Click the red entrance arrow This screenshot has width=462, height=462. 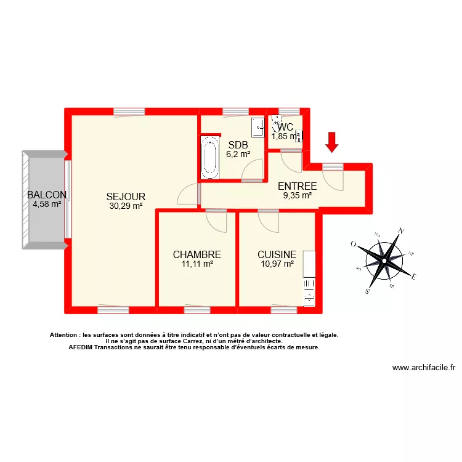(x=332, y=142)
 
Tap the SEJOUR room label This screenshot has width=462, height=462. (x=125, y=197)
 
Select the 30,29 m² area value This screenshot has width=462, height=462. (x=126, y=206)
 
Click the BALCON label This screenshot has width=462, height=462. (x=47, y=195)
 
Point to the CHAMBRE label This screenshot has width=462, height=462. (x=197, y=254)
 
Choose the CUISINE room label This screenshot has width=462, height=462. (x=277, y=254)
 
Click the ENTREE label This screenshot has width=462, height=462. (x=298, y=186)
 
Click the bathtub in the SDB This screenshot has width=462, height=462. (x=210, y=158)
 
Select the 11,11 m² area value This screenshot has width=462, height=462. (x=197, y=264)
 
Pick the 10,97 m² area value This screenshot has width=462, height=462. (x=277, y=264)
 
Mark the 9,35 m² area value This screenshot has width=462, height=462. (x=298, y=196)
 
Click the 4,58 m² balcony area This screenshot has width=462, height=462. (x=47, y=205)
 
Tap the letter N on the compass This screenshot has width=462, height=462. (x=402, y=231)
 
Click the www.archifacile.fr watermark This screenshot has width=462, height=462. (x=423, y=368)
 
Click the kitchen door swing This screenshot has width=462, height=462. (x=269, y=221)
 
